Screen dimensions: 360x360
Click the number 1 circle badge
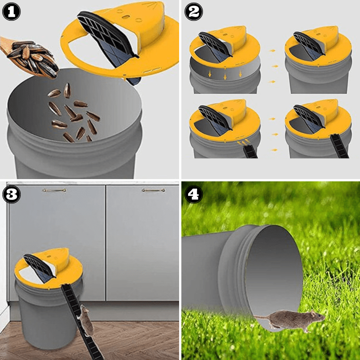(12, 12)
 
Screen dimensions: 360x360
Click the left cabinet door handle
(54, 190)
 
